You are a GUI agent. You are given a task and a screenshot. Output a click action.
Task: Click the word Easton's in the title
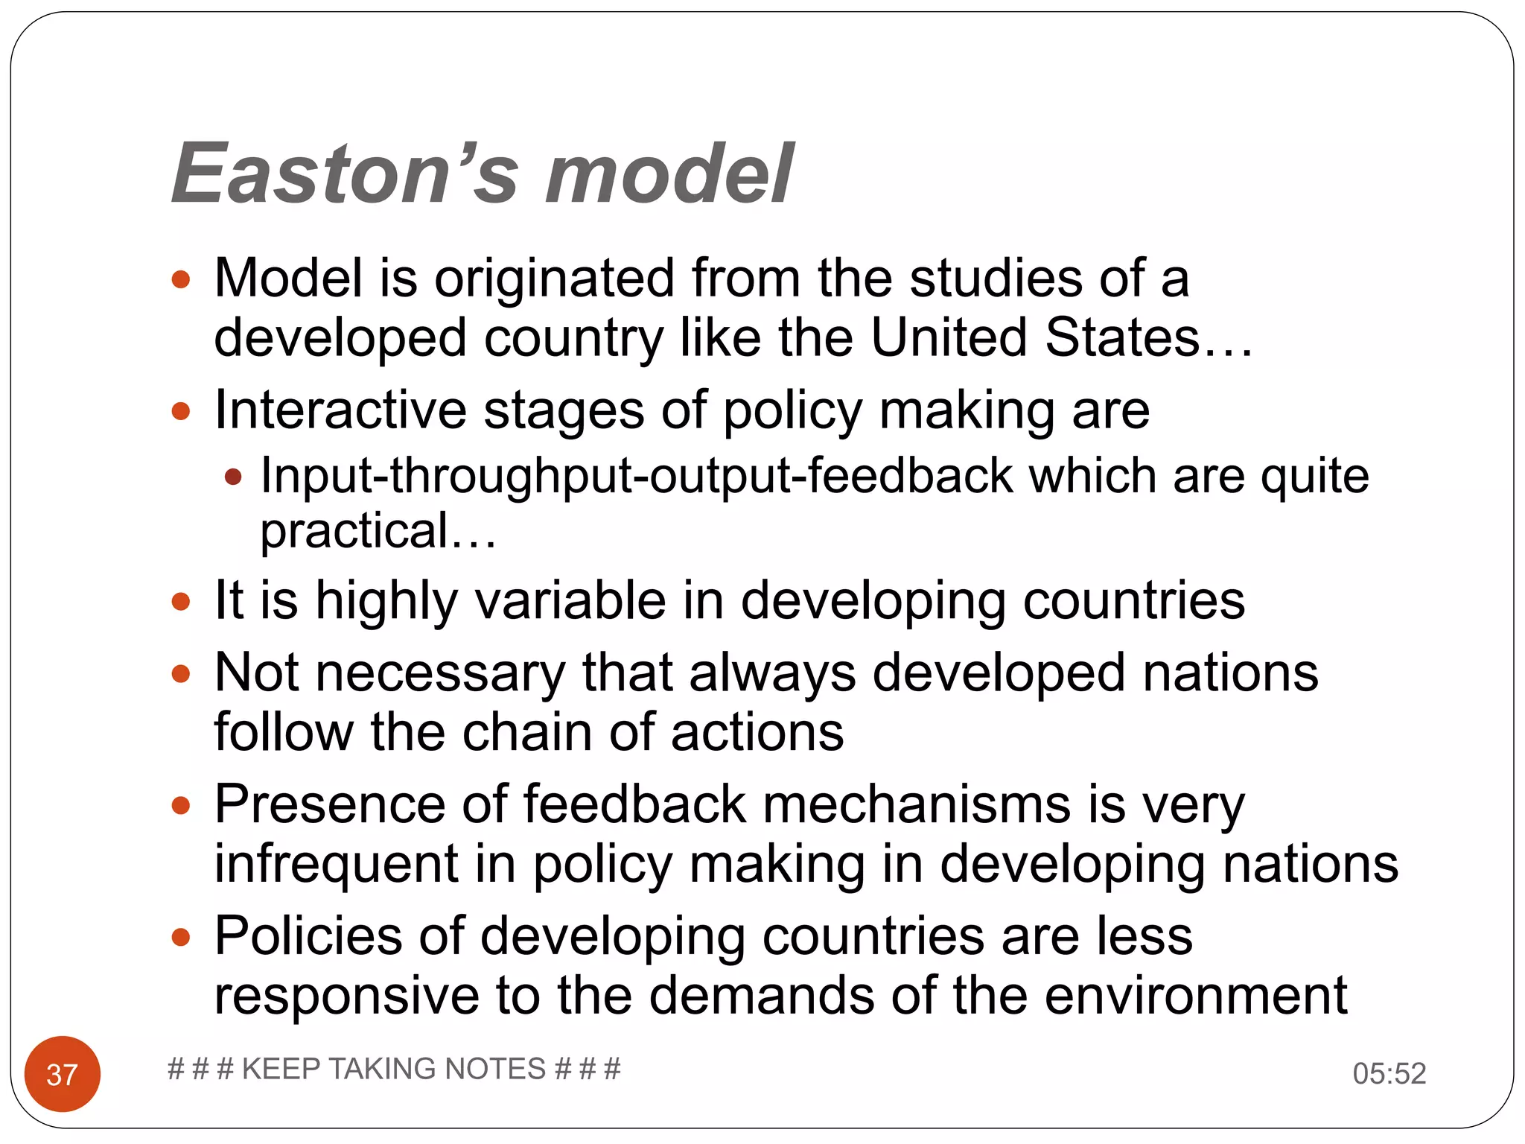[345, 174]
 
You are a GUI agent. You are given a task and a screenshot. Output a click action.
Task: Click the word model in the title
[669, 174]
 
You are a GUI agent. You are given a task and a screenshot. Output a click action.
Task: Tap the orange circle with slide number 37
[63, 1074]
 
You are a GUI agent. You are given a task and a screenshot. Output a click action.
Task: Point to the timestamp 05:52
[1389, 1073]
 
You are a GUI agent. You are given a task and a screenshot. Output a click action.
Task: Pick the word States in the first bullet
[1123, 337]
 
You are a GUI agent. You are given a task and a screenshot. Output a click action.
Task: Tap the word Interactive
[340, 410]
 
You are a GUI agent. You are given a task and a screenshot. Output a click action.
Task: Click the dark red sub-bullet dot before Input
[234, 477]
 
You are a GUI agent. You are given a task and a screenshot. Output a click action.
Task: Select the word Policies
[308, 936]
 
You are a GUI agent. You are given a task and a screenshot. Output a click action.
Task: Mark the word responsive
[346, 996]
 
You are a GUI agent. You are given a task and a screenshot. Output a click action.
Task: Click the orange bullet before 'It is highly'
[181, 601]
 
